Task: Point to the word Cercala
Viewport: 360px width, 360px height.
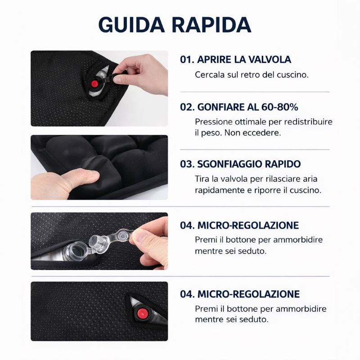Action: tap(210, 75)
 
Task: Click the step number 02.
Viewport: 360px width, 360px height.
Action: tap(187, 107)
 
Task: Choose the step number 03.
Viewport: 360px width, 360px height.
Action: tap(187, 164)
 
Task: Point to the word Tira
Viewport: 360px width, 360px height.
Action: tap(202, 179)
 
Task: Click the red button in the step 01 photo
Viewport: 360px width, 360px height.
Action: tap(94, 84)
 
